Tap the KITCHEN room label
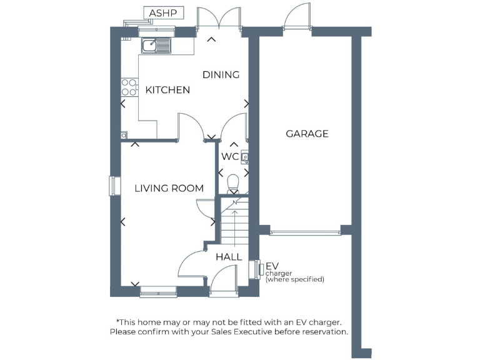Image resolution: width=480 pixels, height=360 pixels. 167,90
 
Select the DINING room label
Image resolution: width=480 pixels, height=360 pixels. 221,75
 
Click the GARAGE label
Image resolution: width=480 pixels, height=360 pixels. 307,134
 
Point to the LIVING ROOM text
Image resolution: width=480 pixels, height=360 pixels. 169,188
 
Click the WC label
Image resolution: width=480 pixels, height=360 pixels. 229,156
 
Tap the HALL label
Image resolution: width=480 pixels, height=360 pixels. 229,257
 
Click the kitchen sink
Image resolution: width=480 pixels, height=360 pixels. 156,45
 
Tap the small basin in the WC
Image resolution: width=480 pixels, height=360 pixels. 245,157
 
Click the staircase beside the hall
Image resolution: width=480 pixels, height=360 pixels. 235,222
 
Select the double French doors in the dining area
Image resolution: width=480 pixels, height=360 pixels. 218,19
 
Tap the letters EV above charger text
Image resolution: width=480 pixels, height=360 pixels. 272,266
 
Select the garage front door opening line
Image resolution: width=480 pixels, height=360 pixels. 305,232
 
